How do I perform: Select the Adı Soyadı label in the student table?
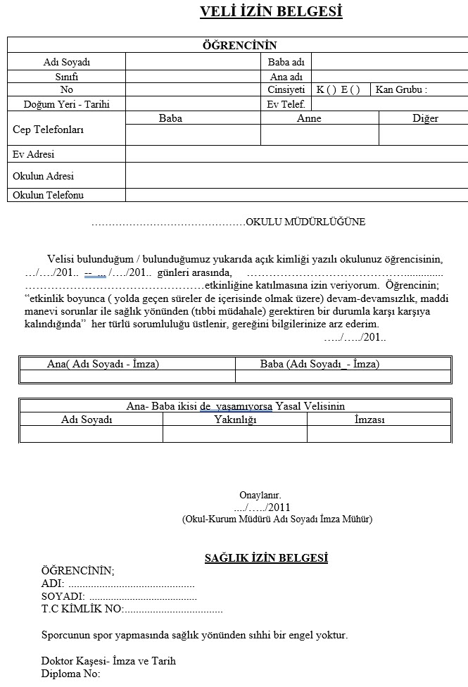click(67, 62)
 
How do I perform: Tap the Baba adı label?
click(286, 62)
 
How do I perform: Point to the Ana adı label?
click(286, 76)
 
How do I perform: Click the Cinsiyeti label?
click(286, 90)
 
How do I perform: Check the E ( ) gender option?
click(350, 90)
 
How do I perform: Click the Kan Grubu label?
click(401, 90)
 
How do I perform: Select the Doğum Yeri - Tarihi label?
click(67, 104)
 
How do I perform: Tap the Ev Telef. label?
click(286, 104)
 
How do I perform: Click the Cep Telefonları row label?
click(49, 130)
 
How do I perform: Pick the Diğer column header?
click(425, 118)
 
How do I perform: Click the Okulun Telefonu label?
click(48, 195)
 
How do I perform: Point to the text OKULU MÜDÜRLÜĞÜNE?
click(305, 222)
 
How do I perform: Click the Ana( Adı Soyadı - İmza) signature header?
click(103, 364)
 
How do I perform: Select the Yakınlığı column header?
click(235, 420)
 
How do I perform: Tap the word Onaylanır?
click(260, 495)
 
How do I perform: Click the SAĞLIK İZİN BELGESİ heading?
click(266, 558)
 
